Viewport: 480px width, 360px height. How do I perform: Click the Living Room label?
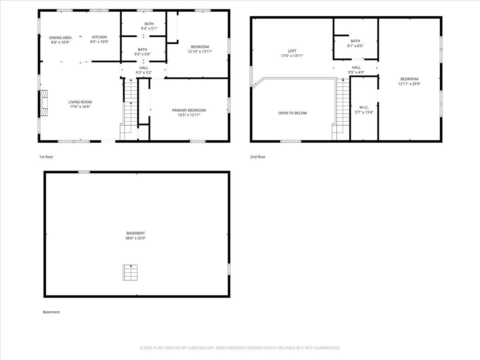point(80,102)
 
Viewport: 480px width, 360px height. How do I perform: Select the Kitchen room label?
point(100,37)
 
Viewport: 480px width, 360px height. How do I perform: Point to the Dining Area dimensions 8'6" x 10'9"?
point(60,42)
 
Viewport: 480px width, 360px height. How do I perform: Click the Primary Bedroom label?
point(189,110)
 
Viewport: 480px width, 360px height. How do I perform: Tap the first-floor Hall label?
point(144,68)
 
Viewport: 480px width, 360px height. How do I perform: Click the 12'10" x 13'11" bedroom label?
point(200,47)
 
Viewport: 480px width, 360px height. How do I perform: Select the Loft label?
point(292,51)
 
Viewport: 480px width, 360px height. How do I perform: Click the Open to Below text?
point(292,113)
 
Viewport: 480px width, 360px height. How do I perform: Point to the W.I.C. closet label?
point(364,107)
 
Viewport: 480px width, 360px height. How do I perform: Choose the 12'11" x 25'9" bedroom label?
point(409,79)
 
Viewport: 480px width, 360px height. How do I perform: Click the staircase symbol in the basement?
point(130,272)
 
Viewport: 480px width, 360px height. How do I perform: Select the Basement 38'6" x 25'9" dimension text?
point(136,238)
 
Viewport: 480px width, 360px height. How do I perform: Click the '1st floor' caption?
point(46,157)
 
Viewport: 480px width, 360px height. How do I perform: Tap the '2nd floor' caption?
point(258,157)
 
